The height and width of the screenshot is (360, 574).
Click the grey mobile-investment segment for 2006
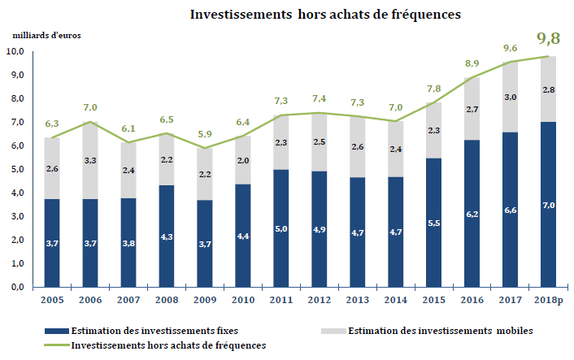tap(89, 160)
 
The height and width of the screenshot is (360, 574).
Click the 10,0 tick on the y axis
tap(15, 51)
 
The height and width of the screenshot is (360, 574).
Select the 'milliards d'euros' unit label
tap(47, 35)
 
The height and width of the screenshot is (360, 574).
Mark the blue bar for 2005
tap(52, 243)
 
